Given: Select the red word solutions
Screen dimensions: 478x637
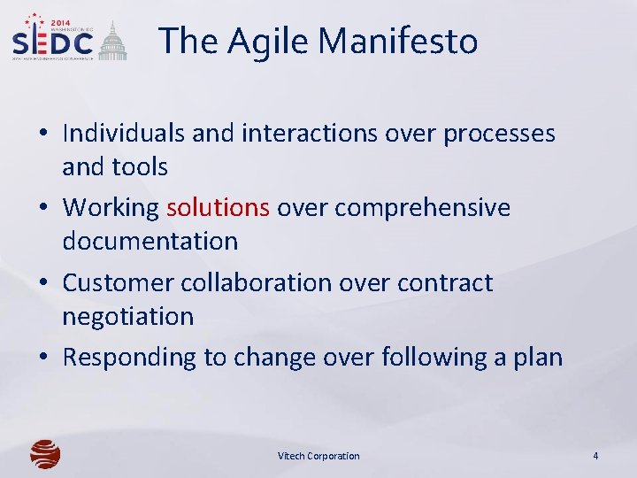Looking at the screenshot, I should click(x=218, y=207).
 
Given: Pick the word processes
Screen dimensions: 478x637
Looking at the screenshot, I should click(x=499, y=133).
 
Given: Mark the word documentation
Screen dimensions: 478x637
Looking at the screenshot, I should click(x=150, y=241).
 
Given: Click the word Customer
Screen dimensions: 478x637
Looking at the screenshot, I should click(x=118, y=282).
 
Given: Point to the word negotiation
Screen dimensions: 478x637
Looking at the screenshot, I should click(x=127, y=316).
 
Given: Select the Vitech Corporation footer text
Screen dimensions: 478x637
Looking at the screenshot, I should click(x=318, y=456).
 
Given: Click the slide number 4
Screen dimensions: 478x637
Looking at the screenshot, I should click(x=595, y=456).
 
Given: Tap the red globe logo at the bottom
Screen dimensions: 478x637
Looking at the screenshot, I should click(x=45, y=454).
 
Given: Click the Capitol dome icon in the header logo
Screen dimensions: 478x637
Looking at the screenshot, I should click(x=112, y=42).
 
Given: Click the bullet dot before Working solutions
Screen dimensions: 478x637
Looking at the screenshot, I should click(x=43, y=208).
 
